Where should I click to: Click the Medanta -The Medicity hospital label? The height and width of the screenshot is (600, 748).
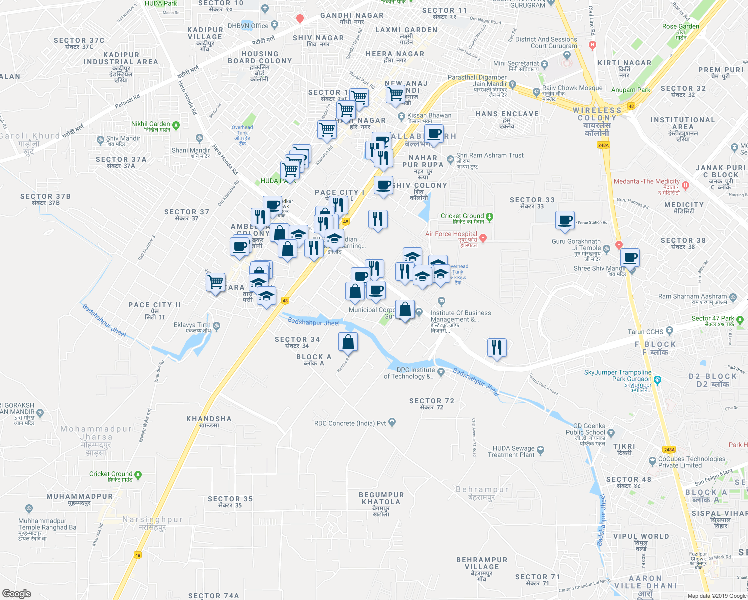tap(647, 182)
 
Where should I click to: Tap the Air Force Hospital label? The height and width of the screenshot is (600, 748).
tap(451, 234)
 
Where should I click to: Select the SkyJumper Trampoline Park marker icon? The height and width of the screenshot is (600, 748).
tap(657, 380)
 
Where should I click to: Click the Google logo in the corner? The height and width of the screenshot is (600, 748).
tap(16, 594)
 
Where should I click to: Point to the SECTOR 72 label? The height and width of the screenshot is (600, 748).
tap(432, 401)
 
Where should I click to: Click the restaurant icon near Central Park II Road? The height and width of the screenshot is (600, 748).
tap(496, 347)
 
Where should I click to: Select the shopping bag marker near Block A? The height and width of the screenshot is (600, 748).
tap(348, 342)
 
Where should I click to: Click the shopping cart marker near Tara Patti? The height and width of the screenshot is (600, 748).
tap(216, 282)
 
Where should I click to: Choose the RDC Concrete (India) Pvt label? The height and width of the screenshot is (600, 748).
tap(350, 423)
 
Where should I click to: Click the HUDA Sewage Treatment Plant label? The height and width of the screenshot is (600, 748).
tap(513, 452)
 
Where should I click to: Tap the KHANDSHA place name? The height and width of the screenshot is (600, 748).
tap(209, 419)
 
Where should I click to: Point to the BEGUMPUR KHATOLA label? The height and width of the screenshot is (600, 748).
tap(381, 498)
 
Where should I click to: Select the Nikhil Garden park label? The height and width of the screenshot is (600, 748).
tap(150, 124)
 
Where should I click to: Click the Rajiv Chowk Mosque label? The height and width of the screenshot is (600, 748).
tap(572, 88)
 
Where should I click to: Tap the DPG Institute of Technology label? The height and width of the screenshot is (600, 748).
tap(409, 373)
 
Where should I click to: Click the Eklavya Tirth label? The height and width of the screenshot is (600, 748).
tap(192, 325)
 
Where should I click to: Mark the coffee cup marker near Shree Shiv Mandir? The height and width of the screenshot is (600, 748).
tap(630, 257)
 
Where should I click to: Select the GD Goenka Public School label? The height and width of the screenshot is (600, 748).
tap(585, 429)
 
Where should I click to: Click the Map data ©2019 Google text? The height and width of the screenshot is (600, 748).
tap(717, 596)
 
